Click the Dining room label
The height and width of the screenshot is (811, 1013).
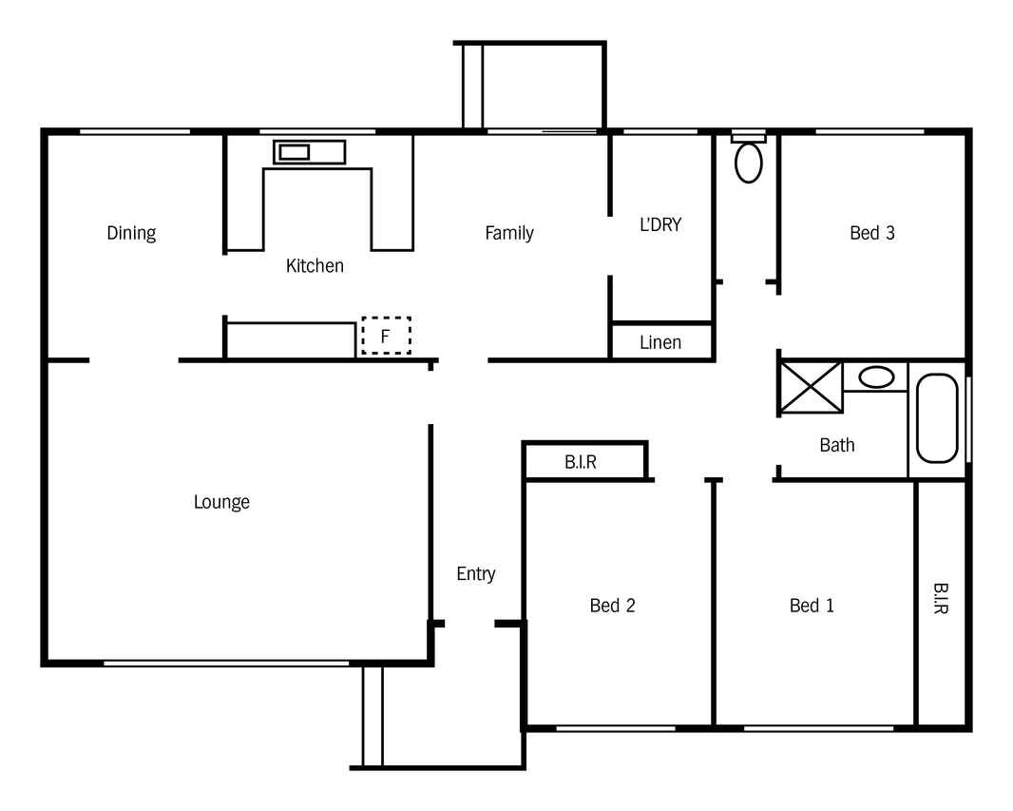tap(131, 233)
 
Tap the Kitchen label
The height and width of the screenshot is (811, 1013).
tap(315, 265)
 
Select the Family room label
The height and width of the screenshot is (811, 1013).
tap(509, 233)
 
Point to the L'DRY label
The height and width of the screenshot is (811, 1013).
tap(660, 224)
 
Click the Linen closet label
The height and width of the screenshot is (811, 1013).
tap(660, 342)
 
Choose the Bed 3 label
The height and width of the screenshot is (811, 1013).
tap(872, 233)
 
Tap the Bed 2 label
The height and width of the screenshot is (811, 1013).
tap(612, 606)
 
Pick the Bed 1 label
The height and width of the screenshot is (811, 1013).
tap(812, 606)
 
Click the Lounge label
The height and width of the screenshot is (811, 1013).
tap(221, 502)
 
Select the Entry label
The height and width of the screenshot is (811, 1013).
tap(476, 574)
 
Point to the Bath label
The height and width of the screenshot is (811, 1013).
tap(836, 445)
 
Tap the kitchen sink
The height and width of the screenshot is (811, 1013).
tap(310, 152)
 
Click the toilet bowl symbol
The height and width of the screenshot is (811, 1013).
tap(749, 162)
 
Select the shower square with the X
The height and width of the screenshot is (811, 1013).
tap(812, 387)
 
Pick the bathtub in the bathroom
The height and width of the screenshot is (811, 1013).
tap(937, 418)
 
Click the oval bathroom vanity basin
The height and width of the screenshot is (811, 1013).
tap(877, 377)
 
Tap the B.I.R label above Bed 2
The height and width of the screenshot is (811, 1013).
tap(581, 462)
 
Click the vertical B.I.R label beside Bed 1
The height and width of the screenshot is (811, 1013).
tap(941, 598)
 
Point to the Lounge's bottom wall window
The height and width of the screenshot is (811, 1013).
tap(226, 663)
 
